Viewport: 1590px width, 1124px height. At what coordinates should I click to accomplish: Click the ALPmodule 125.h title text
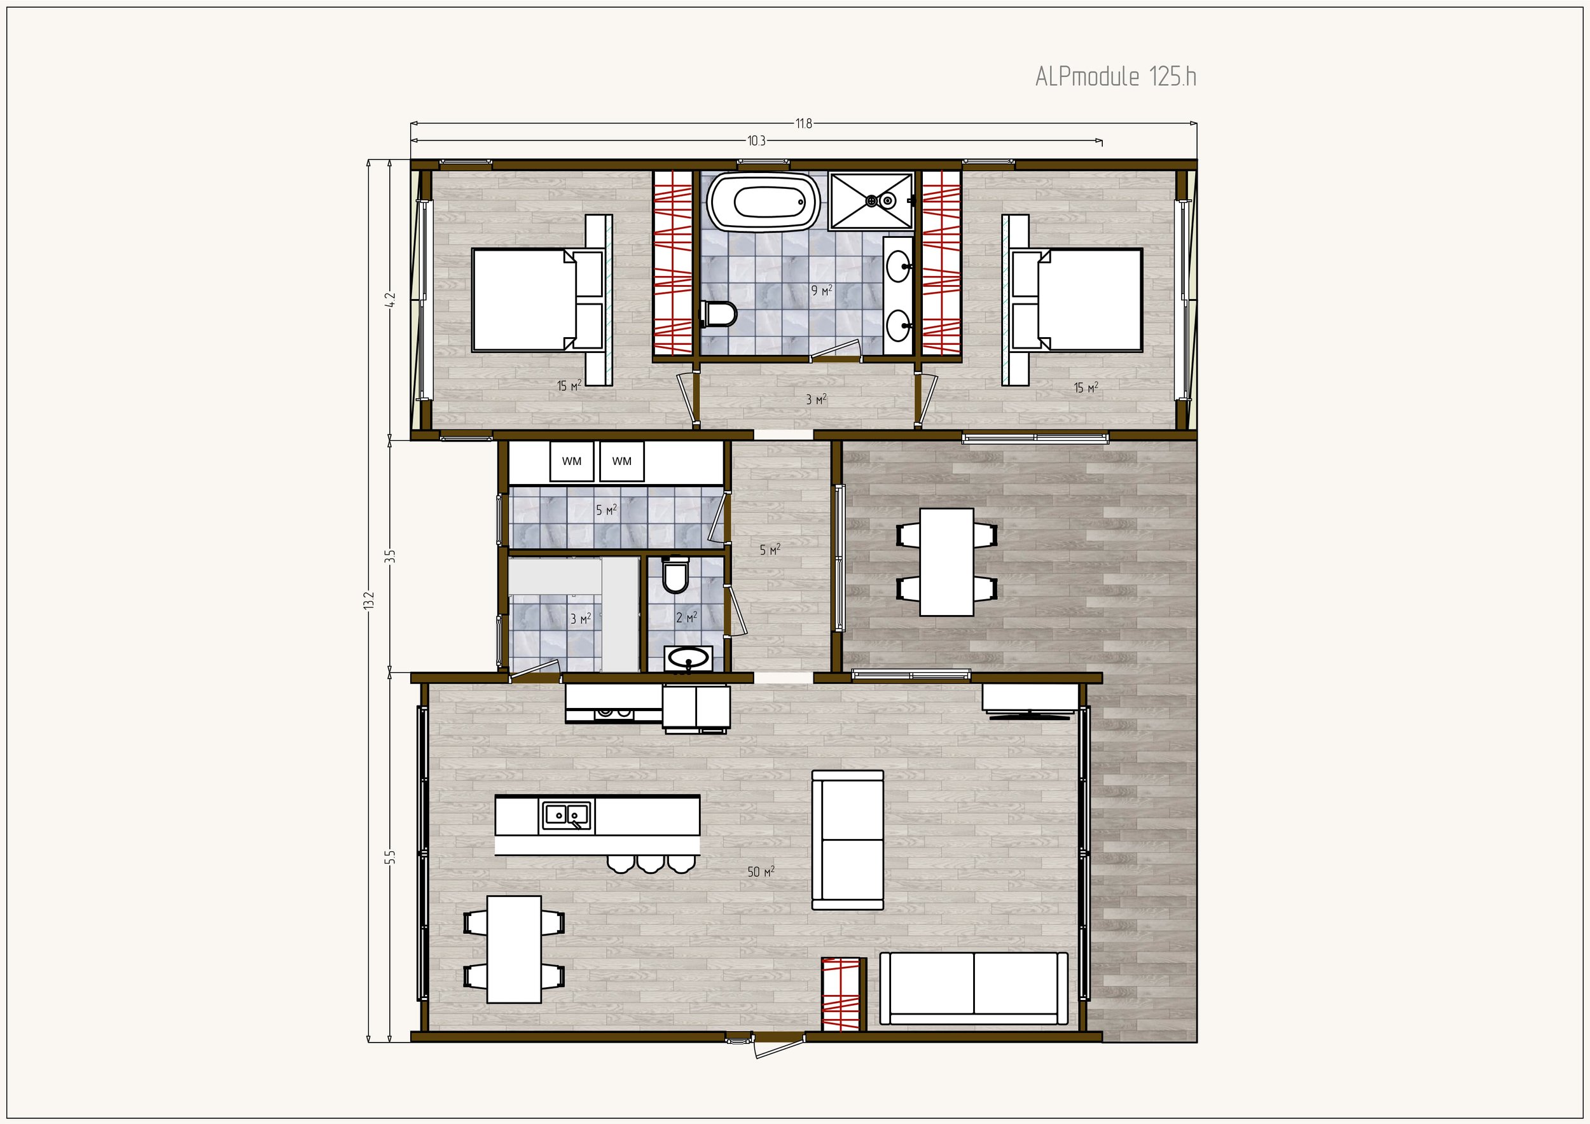[x=1116, y=77]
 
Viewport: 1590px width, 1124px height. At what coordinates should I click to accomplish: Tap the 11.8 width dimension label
[x=803, y=124]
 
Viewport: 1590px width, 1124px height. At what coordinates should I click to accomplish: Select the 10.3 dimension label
[x=756, y=141]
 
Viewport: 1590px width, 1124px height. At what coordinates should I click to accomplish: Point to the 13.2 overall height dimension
[x=368, y=600]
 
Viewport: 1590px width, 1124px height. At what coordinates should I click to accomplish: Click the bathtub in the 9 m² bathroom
[x=763, y=202]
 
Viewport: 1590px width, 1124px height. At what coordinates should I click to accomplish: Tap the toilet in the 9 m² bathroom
[x=719, y=314]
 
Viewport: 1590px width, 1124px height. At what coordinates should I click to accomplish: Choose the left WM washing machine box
[x=572, y=461]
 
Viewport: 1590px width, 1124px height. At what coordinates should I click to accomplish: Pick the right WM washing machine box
[x=622, y=461]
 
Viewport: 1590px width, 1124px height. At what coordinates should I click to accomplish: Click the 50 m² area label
[x=761, y=872]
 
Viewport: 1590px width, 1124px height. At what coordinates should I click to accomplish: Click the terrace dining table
[x=946, y=562]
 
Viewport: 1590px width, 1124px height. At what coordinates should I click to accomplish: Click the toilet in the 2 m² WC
[x=675, y=576]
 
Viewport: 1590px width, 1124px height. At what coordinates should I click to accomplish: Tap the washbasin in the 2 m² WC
[x=688, y=658]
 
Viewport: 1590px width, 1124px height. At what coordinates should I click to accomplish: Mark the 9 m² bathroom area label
[x=821, y=291]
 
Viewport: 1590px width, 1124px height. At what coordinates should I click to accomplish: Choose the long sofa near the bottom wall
[x=974, y=989]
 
